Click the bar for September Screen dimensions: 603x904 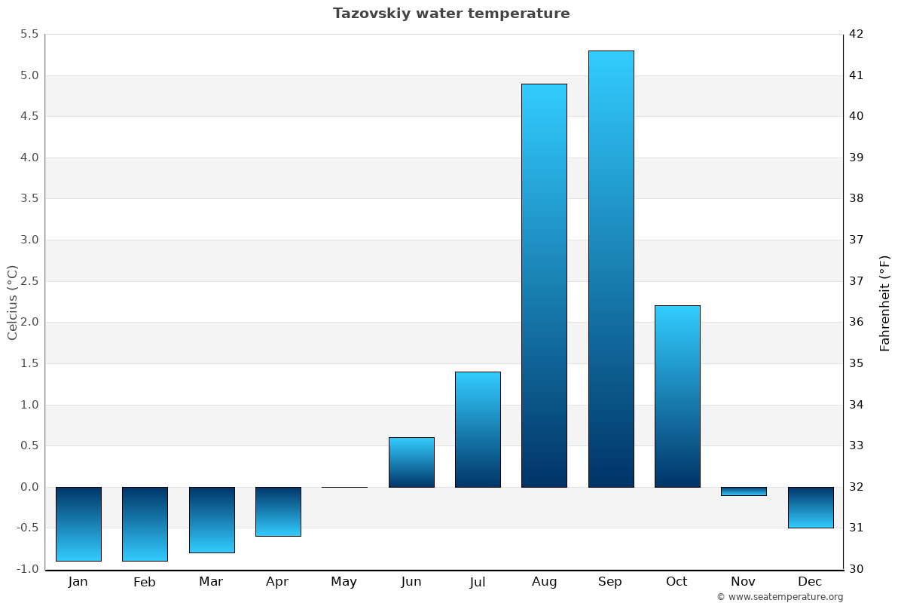(610, 268)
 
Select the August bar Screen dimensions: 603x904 (544, 285)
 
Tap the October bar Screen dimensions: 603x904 (677, 396)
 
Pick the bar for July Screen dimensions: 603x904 (478, 429)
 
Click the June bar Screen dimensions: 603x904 (411, 462)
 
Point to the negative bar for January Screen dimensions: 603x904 (78, 524)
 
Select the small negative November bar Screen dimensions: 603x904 (744, 491)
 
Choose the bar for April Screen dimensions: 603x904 (278, 511)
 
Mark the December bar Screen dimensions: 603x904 (810, 507)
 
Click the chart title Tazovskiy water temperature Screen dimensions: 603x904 (451, 14)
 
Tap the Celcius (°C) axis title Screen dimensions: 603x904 (12, 302)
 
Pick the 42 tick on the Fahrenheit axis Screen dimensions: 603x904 (856, 34)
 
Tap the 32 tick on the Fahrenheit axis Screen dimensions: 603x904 (856, 487)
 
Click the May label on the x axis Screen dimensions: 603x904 (344, 582)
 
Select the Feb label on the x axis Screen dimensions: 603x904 (145, 582)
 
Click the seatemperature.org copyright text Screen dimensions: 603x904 (780, 597)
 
